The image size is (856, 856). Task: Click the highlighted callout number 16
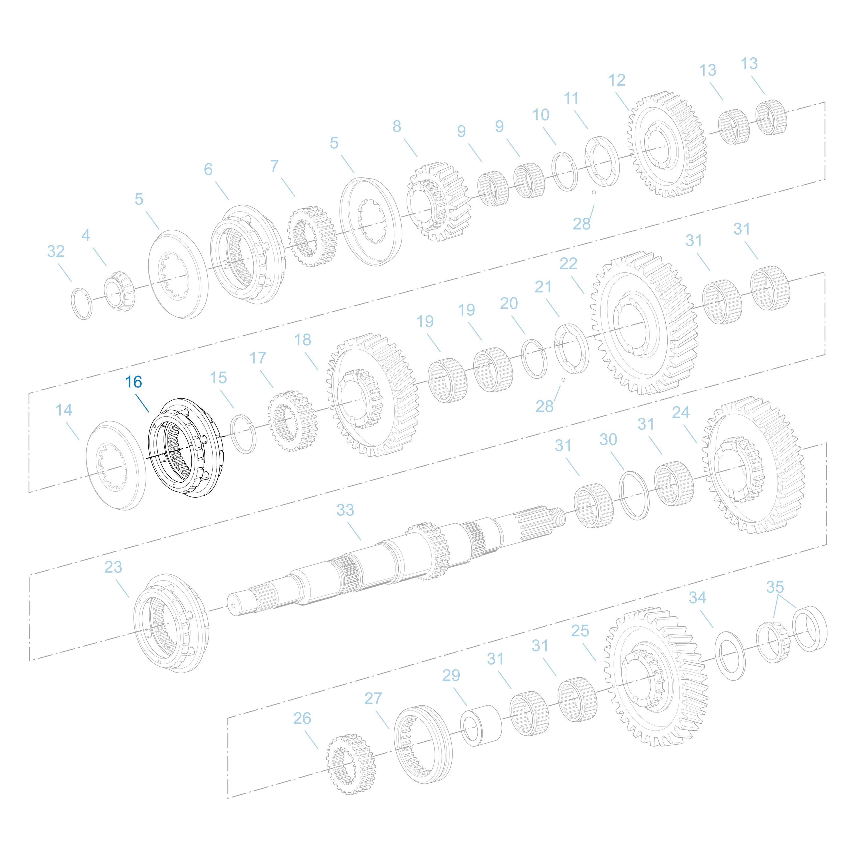coord(133,382)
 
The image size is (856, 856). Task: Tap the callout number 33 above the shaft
coord(345,510)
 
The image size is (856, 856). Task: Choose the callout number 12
coord(617,80)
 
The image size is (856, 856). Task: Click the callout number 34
coord(697,598)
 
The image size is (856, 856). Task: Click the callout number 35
coord(775,587)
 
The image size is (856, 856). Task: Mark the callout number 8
coord(397,126)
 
